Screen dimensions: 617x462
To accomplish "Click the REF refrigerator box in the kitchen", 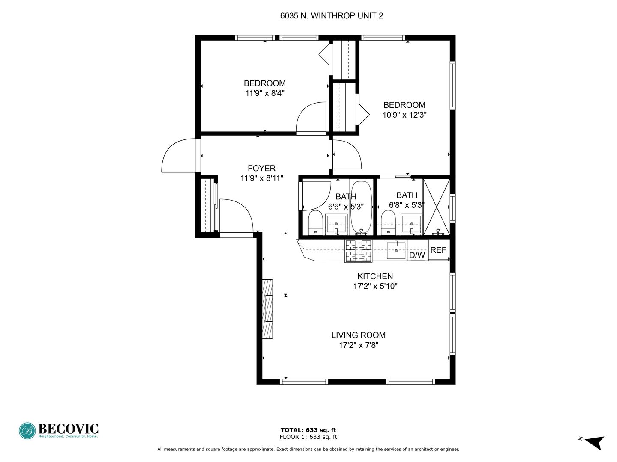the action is tap(439, 250).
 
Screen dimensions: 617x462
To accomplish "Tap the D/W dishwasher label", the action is tap(417, 255).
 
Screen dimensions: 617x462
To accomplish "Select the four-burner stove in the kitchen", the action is tap(358, 251).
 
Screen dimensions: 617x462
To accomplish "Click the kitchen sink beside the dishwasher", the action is tap(396, 251).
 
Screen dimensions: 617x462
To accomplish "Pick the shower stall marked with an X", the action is tap(437, 207).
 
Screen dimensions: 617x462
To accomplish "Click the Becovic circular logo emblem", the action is tap(27, 431).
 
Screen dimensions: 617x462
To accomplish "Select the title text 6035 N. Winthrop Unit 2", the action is tap(332, 16).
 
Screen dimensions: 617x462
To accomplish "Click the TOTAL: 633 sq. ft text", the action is tap(308, 430).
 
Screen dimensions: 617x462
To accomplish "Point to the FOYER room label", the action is tap(261, 168).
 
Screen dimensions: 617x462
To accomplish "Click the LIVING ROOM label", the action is tap(358, 335).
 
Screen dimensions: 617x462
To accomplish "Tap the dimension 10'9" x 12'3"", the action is tap(404, 115).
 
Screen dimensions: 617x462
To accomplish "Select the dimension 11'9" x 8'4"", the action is tap(265, 93).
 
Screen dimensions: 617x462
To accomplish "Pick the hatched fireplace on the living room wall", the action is tap(267, 309).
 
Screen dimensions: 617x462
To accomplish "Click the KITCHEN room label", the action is tap(375, 277).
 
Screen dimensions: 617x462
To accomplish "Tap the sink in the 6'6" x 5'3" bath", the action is tap(336, 225).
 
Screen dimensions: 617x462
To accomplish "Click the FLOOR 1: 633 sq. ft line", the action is tap(308, 437).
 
